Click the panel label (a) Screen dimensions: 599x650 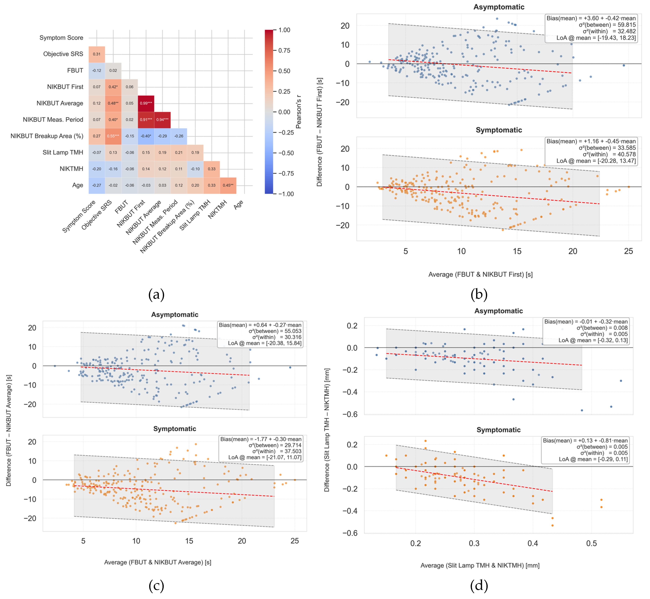click(156, 294)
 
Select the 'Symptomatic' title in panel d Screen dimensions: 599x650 click(499, 430)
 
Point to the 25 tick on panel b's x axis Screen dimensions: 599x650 click(628, 251)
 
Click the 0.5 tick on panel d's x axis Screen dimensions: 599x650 click(591, 543)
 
